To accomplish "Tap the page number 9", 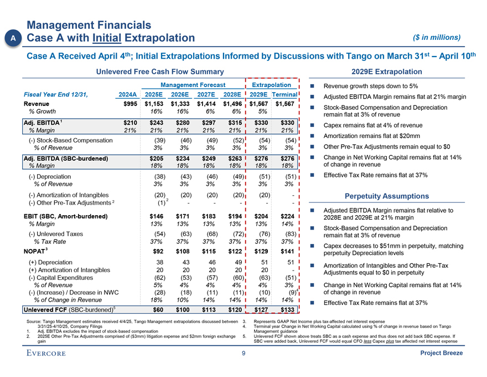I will (243, 355).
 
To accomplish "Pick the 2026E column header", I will (182, 94).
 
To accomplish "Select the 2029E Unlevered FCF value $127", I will (258, 309).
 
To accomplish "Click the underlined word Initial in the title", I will (108, 38).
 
